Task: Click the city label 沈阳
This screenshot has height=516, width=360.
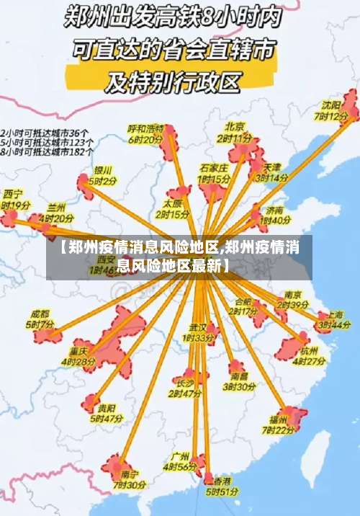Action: coord(332,105)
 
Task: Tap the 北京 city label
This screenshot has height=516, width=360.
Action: coord(235,126)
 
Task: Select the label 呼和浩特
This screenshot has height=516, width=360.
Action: coord(146,128)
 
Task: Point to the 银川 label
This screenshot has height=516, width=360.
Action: coord(103,171)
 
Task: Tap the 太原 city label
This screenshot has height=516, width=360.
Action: coord(174,203)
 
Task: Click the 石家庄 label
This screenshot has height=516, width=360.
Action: coord(214,167)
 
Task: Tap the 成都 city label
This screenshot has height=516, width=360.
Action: coord(40,314)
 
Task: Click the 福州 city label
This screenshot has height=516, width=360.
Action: coord(279,419)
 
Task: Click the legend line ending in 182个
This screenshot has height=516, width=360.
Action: coord(46,152)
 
